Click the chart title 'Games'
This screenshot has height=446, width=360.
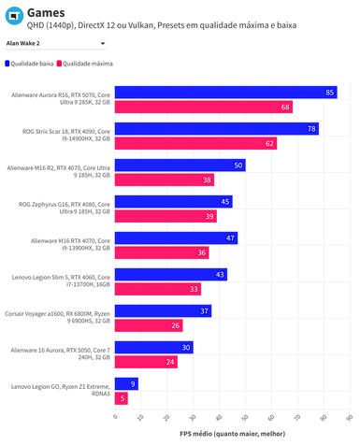45,12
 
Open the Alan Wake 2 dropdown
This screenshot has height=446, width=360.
55,43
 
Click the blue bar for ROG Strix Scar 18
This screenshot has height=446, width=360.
216,129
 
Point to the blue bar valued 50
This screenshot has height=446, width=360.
180,165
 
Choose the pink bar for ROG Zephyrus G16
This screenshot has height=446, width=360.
166,216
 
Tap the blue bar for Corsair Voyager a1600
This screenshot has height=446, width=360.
163,310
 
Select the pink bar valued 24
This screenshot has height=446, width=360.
146,362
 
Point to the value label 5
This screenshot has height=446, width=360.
123,398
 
